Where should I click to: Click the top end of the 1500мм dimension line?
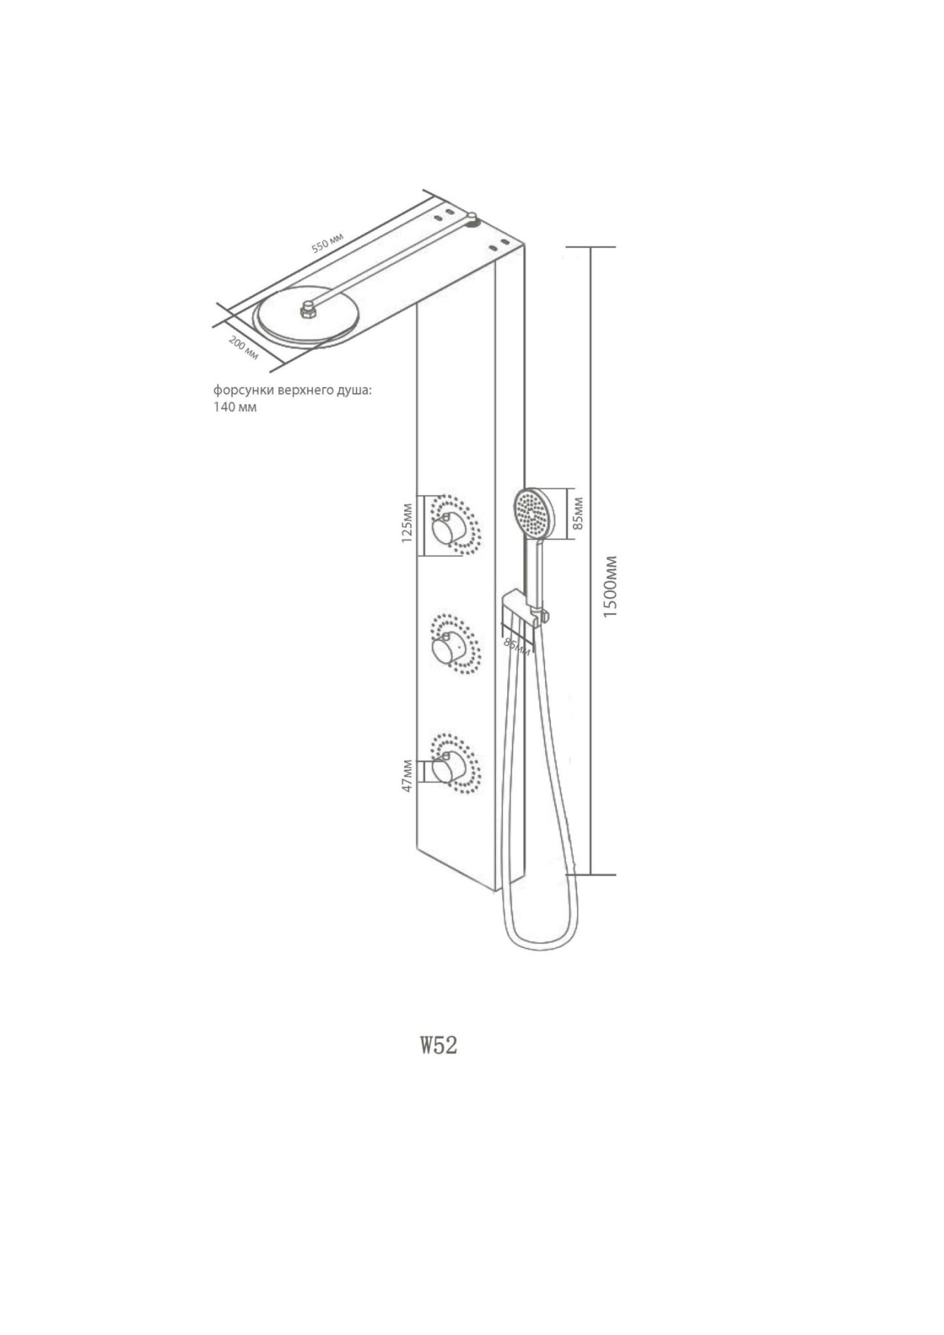(590, 247)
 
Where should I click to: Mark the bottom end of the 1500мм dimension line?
(590, 875)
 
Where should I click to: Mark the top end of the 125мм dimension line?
(421, 497)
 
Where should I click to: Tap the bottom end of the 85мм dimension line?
(572, 539)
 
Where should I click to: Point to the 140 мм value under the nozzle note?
(235, 408)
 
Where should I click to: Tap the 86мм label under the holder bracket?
(517, 645)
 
